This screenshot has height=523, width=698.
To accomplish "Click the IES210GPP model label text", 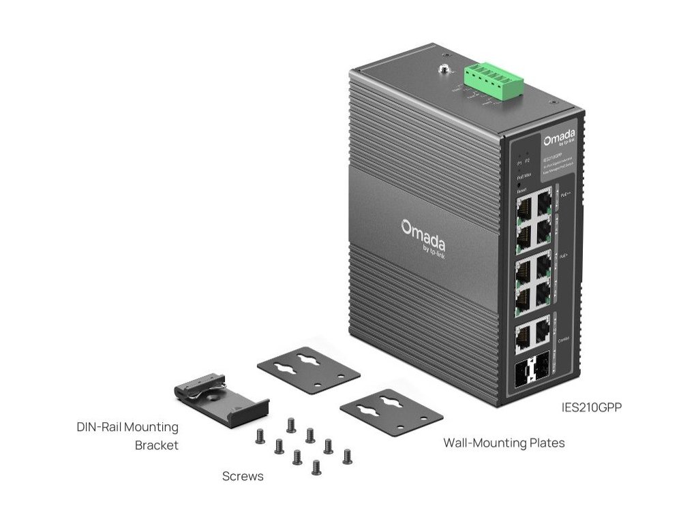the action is coord(589,408).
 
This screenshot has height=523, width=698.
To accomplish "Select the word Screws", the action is coord(243,476).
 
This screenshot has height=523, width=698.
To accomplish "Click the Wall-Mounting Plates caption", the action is coord(504,443).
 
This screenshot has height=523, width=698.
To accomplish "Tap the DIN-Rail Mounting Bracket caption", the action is coord(127,436).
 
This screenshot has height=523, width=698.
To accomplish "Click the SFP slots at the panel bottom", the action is coord(532,373).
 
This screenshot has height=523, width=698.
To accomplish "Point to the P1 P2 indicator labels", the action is coord(523,163).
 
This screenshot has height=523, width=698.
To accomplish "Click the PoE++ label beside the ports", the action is coord(564,196).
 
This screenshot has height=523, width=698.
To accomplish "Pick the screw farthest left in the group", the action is coord(259,434).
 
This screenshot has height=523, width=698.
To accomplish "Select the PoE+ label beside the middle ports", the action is coord(564,257).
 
